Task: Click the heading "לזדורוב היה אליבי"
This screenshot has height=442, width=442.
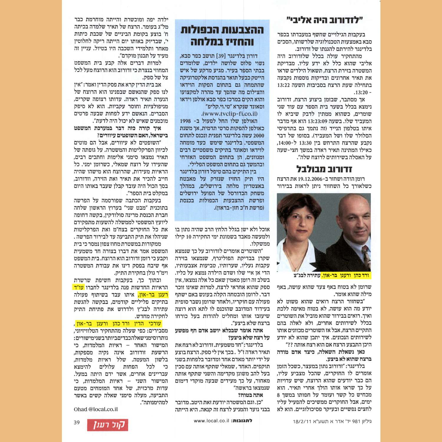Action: point(324,20)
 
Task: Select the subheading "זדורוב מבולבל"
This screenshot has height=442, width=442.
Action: point(324,169)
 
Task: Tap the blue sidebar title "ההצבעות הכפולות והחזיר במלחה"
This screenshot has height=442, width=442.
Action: point(222,36)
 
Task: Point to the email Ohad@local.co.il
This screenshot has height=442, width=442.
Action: point(96,409)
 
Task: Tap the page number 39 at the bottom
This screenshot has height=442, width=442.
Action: point(77,423)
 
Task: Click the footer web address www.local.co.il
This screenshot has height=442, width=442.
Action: point(211,421)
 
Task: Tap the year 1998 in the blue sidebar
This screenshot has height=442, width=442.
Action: point(185,121)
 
